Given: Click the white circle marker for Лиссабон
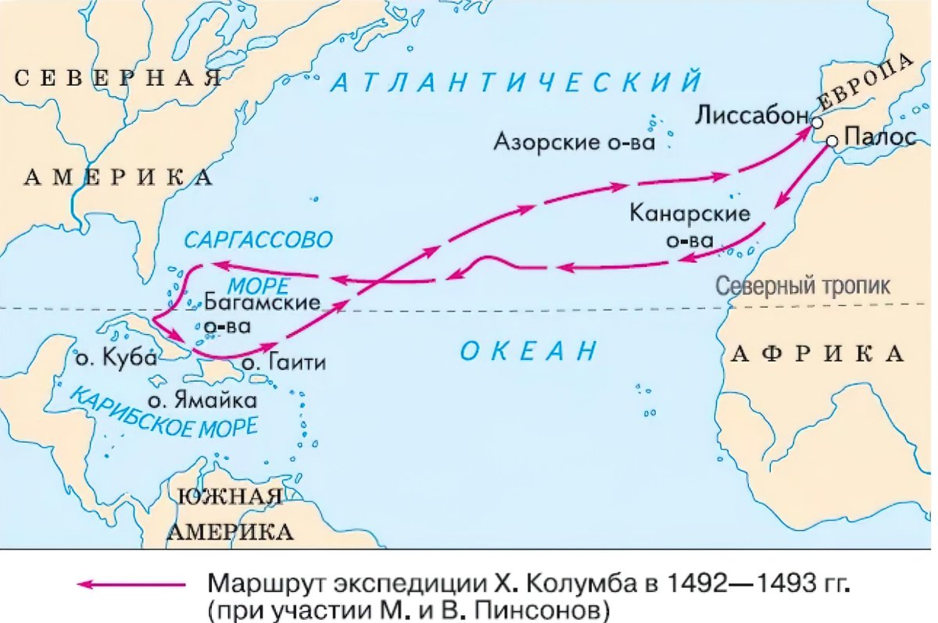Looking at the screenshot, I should (x=817, y=123).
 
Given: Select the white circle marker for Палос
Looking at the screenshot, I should (x=832, y=141).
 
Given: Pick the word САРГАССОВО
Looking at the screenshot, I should (x=259, y=238).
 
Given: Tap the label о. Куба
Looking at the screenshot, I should (x=116, y=359).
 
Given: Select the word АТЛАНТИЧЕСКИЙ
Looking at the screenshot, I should (x=515, y=83).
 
